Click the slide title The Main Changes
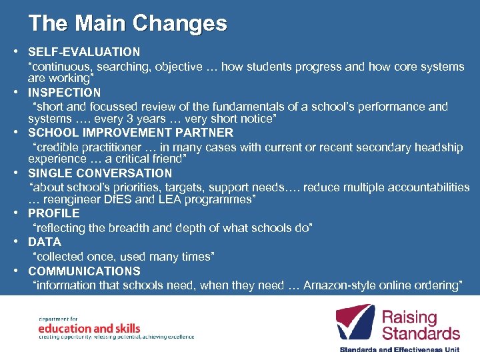coord(127,23)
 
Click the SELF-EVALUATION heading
coord(84,51)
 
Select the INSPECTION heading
coord(64,93)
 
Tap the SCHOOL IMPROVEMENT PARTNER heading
coord(131,133)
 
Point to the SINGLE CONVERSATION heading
coord(100,173)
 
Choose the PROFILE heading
coord(53,213)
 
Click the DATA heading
coord(44,242)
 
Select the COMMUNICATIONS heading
coord(84,271)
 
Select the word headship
coord(437,147)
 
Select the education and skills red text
coord(89,328)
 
